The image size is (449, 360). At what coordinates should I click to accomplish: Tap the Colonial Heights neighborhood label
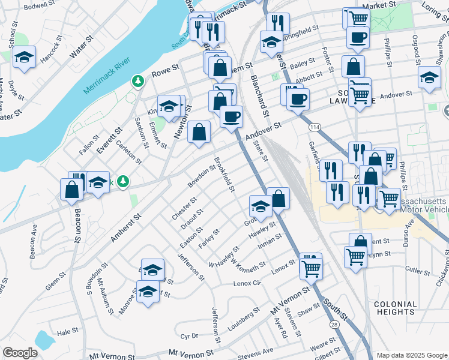pyautogui.click(x=395, y=308)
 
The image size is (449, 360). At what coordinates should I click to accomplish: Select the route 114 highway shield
pyautogui.click(x=315, y=127)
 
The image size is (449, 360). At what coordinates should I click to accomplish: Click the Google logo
pyautogui.click(x=20, y=352)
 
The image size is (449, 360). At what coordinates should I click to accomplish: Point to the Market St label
pyautogui.click(x=384, y=4)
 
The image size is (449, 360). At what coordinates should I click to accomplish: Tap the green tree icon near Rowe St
pyautogui.click(x=138, y=80)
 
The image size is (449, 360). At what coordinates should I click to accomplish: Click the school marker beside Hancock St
pyautogui.click(x=25, y=58)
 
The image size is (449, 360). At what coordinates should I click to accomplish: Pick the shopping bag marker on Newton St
pyautogui.click(x=199, y=132)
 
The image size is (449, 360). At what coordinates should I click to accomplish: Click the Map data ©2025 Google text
pyautogui.click(x=411, y=355)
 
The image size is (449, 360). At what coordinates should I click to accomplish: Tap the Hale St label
pyautogui.click(x=67, y=331)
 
